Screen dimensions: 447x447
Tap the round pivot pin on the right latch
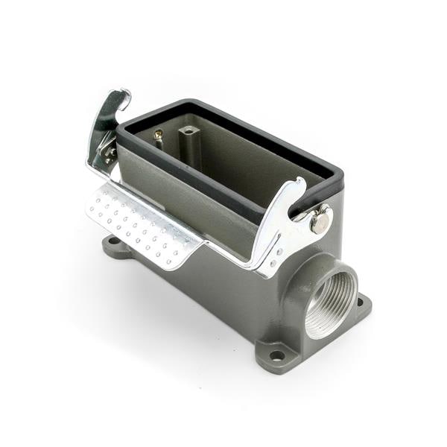320,221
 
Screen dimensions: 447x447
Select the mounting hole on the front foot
277,355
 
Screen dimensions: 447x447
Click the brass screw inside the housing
158,136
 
